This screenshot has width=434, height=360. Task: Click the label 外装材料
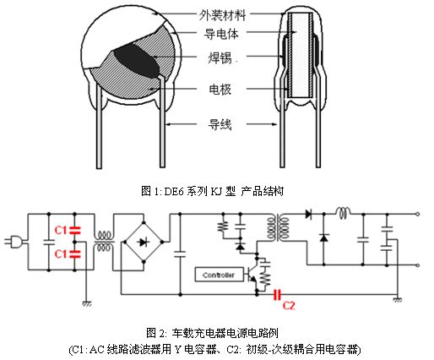(x=222, y=15)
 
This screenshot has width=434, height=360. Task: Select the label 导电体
(x=221, y=34)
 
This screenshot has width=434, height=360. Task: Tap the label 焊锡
(x=220, y=58)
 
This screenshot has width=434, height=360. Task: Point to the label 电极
(x=220, y=90)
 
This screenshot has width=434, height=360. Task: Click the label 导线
(x=220, y=124)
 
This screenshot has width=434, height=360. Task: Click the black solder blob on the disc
(x=137, y=62)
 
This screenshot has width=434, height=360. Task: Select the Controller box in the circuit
(x=219, y=275)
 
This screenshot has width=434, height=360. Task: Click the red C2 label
(x=289, y=305)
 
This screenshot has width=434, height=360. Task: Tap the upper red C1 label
(x=60, y=231)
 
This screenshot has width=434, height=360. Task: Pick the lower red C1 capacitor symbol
(x=75, y=254)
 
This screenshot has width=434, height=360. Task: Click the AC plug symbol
(x=14, y=242)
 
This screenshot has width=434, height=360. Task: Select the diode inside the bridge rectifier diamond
(x=144, y=242)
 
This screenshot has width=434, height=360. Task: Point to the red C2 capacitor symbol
(x=278, y=295)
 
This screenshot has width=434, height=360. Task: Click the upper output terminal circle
(x=418, y=214)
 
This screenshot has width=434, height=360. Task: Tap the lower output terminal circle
(x=418, y=265)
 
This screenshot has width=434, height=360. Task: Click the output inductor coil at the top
(x=343, y=213)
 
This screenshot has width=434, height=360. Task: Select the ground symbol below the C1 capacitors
(x=87, y=303)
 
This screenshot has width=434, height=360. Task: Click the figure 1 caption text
(x=212, y=191)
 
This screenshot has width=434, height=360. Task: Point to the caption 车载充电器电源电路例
(x=225, y=333)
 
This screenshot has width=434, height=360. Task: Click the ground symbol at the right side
(x=398, y=299)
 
